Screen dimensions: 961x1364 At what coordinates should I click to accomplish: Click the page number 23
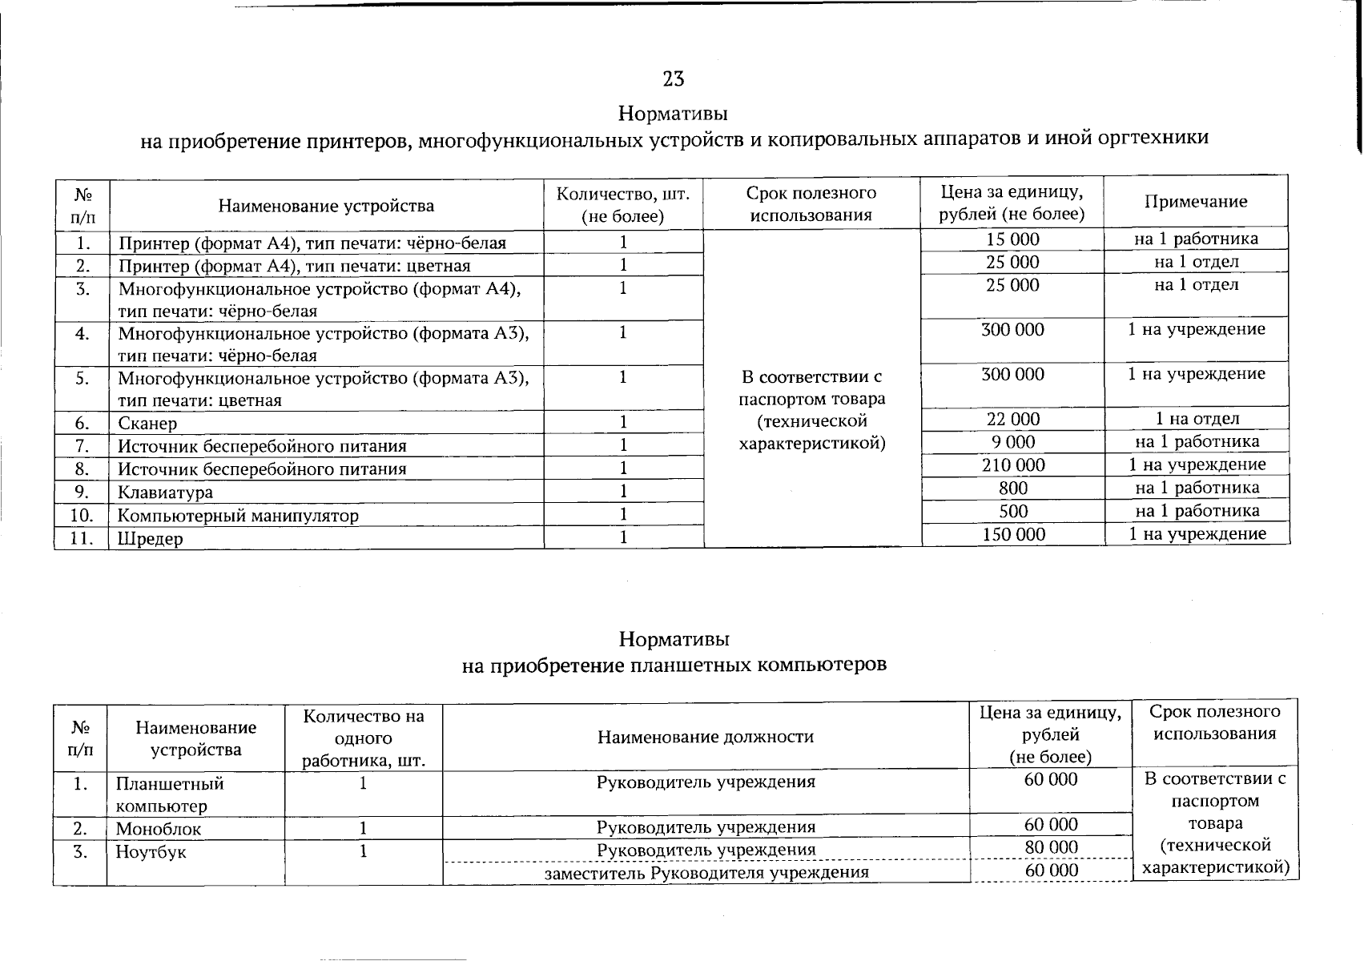674,78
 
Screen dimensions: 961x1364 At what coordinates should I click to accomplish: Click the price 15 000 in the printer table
1012,239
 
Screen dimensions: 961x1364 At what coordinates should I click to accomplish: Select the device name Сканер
147,423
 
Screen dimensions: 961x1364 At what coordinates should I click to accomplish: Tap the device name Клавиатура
166,492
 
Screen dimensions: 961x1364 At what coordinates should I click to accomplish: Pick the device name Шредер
151,538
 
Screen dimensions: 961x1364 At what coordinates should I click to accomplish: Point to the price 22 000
1012,419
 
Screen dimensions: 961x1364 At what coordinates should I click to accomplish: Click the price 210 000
1012,464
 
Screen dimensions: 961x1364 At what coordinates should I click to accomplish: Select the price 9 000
1012,441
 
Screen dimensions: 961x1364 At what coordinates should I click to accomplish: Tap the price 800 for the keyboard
1013,488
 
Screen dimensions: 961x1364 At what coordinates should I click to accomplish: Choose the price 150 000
1012,534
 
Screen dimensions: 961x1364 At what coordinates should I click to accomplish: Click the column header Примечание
1196,202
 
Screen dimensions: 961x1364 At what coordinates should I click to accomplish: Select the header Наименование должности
705,737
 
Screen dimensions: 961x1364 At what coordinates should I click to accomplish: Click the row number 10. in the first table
81,515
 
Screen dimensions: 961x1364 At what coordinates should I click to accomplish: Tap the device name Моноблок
159,829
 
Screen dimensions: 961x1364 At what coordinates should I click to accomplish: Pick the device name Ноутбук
151,852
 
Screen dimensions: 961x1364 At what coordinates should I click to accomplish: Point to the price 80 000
1051,847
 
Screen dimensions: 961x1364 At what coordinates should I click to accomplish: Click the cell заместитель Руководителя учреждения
706,872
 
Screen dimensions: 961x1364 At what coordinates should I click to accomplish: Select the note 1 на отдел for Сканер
1197,419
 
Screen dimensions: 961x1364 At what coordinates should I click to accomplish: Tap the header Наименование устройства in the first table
326,206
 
